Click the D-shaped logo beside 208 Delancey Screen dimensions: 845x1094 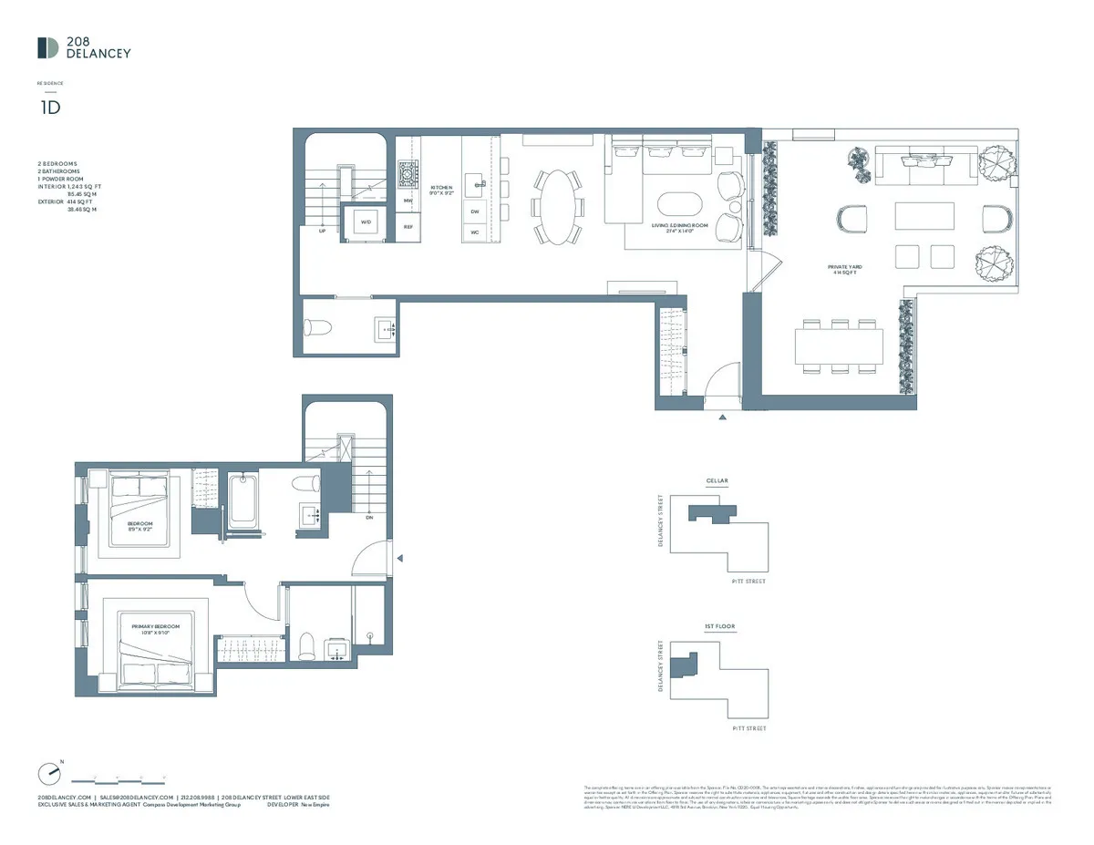pos(48,48)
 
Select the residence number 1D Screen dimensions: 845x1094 pos(49,107)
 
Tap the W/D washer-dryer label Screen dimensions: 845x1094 pos(366,222)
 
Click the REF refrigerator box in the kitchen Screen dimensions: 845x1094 pos(408,227)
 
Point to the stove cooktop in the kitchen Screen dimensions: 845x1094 pos(408,173)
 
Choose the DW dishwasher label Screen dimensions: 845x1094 pos(475,211)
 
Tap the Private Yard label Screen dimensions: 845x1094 pos(844,269)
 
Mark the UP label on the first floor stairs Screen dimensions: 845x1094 pos(322,232)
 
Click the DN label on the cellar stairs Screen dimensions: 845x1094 pos(368,517)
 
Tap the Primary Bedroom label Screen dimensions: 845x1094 pos(156,629)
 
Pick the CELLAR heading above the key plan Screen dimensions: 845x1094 pos(717,480)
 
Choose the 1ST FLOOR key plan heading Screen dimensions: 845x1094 pos(719,627)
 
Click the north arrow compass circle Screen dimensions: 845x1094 pos(49,774)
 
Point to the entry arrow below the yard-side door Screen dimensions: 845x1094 pos(722,417)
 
